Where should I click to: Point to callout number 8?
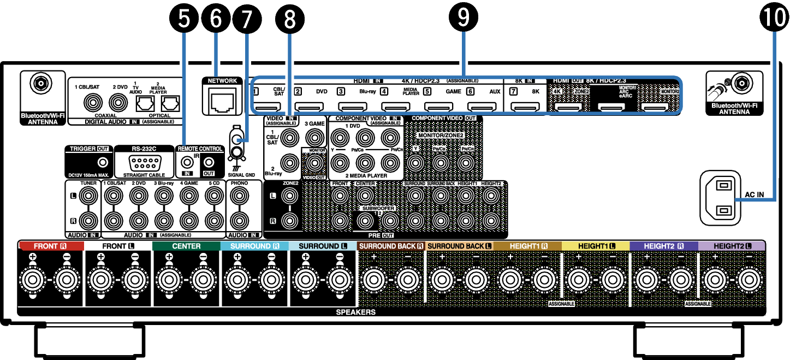[289, 19]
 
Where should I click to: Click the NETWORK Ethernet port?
[222, 100]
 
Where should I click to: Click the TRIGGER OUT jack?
[101, 162]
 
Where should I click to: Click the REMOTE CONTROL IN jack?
[188, 162]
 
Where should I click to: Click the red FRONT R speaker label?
[51, 246]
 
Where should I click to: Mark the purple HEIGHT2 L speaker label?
[732, 246]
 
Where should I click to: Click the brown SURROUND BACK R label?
[391, 246]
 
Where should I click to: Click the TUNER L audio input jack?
[87, 195]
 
